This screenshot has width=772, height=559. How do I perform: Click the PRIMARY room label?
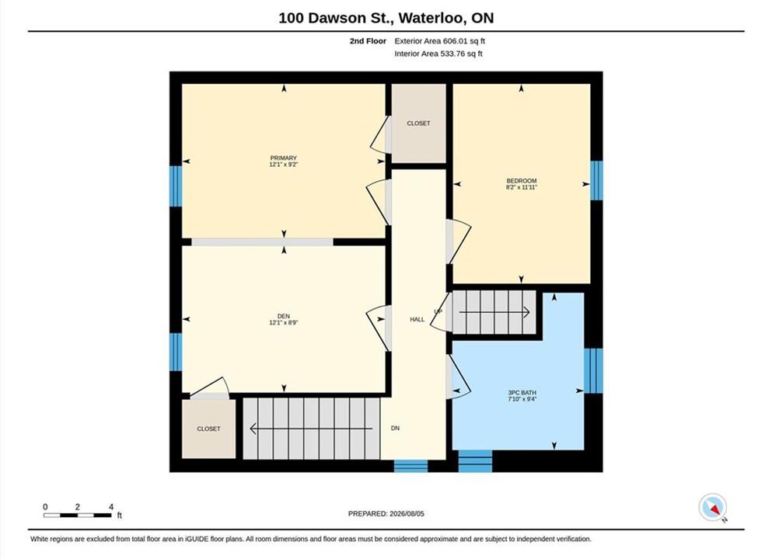pyautogui.click(x=283, y=158)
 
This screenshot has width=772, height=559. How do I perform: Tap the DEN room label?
pyautogui.click(x=283, y=316)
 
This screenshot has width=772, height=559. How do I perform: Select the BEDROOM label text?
pyautogui.click(x=522, y=181)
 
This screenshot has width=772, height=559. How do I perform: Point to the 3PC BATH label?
pyautogui.click(x=522, y=393)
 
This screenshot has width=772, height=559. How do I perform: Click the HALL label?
pyautogui.click(x=417, y=320)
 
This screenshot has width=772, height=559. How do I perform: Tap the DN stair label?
pyautogui.click(x=395, y=429)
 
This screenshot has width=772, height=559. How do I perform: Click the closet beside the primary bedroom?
pyautogui.click(x=418, y=123)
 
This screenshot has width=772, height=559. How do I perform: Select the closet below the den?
pyautogui.click(x=209, y=429)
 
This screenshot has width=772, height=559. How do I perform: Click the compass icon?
pyautogui.click(x=712, y=508)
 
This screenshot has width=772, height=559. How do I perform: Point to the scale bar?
pyautogui.click(x=78, y=515)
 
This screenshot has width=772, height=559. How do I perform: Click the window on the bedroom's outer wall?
pyautogui.click(x=596, y=180)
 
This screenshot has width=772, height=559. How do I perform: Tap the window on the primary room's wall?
pyautogui.click(x=176, y=186)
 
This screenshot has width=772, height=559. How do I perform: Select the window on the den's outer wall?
pyautogui.click(x=176, y=352)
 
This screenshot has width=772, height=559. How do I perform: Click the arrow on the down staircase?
pyautogui.click(x=311, y=429)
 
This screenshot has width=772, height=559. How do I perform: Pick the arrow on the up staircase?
pyautogui.click(x=494, y=311)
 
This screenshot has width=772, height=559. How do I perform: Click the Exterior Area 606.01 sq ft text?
pyautogui.click(x=439, y=41)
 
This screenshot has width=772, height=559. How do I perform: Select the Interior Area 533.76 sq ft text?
pyautogui.click(x=438, y=54)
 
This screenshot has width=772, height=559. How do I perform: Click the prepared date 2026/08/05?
pyautogui.click(x=407, y=514)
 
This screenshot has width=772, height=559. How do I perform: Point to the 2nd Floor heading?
pyautogui.click(x=368, y=41)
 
